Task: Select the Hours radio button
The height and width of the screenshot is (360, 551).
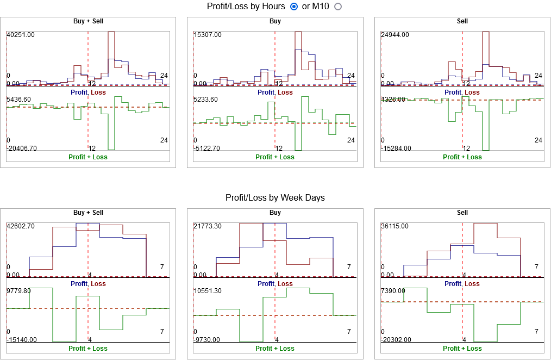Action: point(295,7)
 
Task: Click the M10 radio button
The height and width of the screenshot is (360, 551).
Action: point(338,7)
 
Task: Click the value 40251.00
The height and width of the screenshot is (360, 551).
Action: point(21,35)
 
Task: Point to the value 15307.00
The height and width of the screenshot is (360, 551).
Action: point(208,35)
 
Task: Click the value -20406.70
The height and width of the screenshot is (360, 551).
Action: point(22,148)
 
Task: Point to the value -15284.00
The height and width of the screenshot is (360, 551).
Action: point(396,148)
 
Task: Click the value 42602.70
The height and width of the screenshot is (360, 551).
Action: point(21,226)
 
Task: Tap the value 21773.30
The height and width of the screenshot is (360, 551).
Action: point(208,226)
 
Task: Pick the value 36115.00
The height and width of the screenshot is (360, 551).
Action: point(395,226)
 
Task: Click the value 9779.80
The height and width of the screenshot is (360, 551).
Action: point(18,291)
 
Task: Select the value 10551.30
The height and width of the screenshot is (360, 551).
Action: point(208,291)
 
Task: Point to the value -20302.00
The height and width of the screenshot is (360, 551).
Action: point(396,340)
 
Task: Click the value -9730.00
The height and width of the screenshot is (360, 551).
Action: point(207,340)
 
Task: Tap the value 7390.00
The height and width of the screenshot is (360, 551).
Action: point(393,291)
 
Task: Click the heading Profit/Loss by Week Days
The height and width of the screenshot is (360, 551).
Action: point(275,198)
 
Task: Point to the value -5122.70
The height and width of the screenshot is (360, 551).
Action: point(207,148)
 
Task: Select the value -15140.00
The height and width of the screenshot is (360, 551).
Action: point(22,340)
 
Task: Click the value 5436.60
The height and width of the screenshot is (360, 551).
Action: point(18,100)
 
